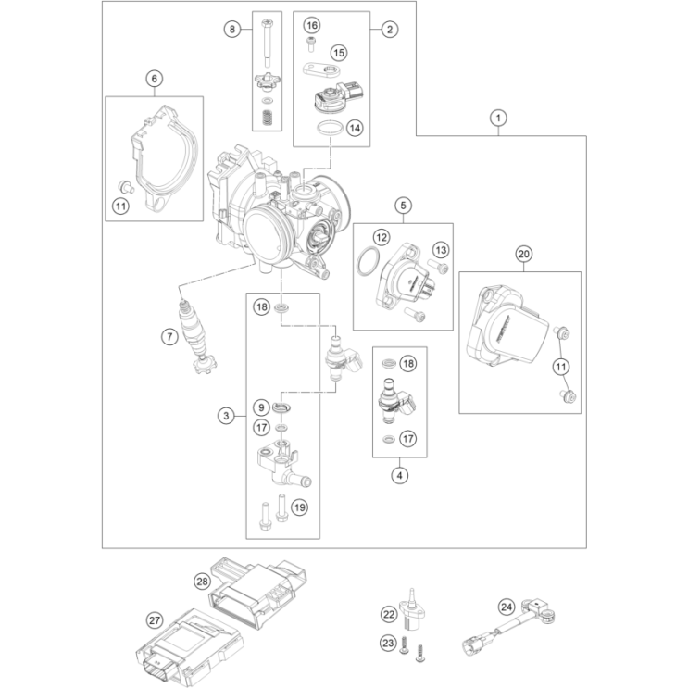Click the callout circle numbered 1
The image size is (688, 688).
tap(498, 118)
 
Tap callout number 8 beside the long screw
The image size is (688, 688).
tap(232, 30)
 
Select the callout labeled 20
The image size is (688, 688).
tap(524, 254)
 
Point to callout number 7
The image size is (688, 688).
tap(169, 337)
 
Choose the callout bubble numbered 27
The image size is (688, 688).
tap(155, 619)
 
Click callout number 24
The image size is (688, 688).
tap(505, 607)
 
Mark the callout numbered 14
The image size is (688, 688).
tap(356, 130)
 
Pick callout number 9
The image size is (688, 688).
tap(262, 407)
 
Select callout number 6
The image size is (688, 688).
tap(154, 79)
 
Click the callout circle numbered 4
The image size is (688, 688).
tap(400, 476)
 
